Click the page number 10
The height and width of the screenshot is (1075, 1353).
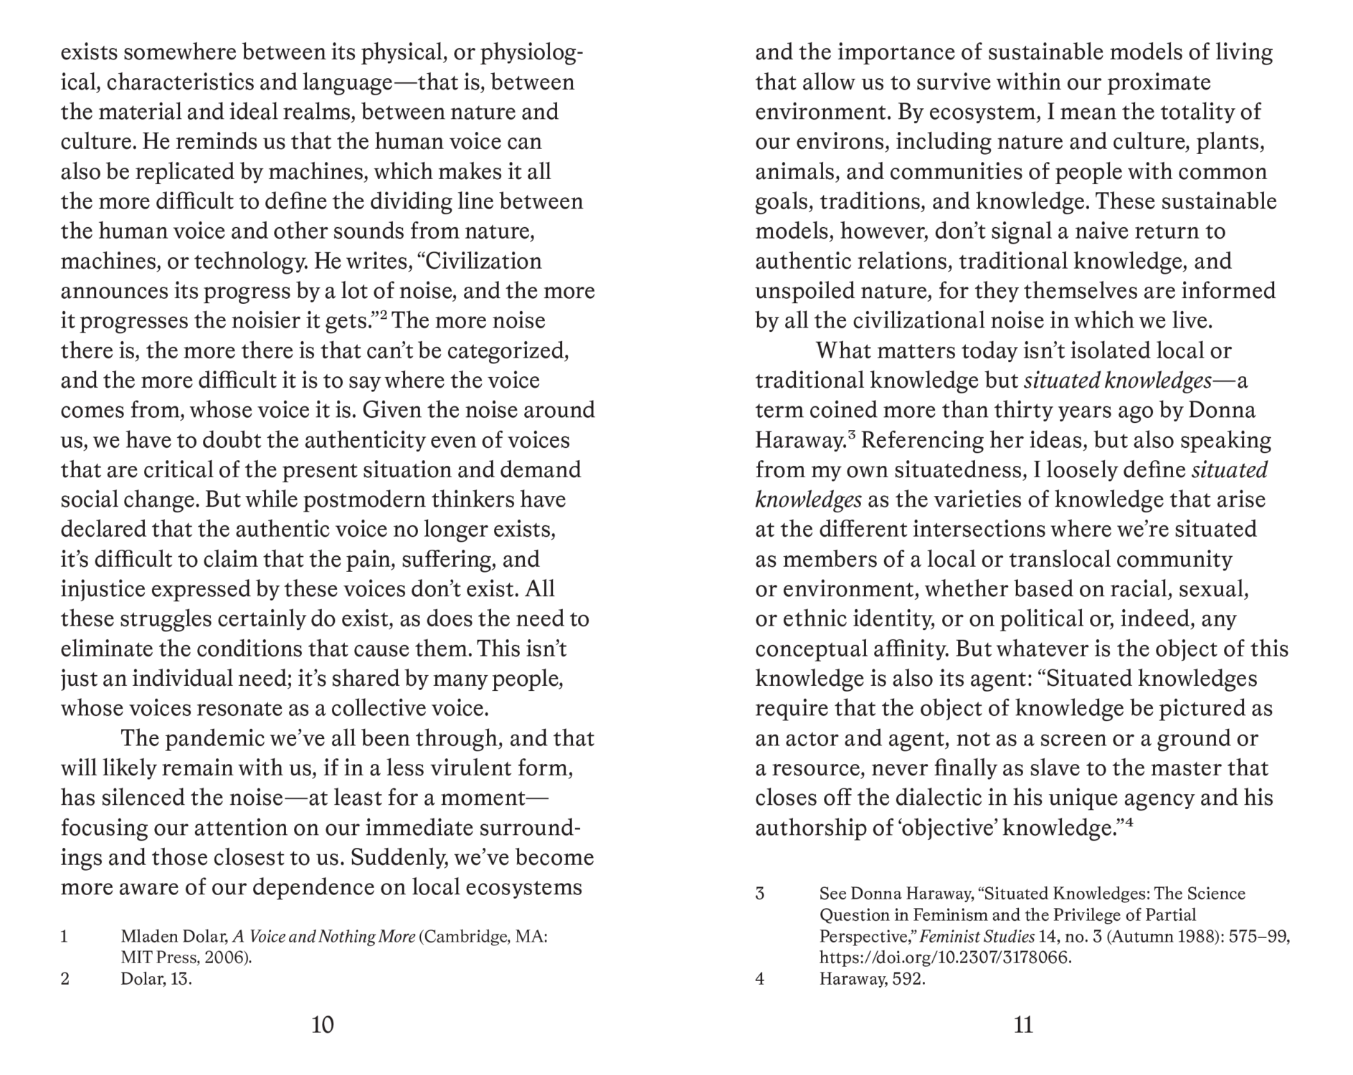click(323, 1026)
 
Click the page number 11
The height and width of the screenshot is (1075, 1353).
click(1023, 1026)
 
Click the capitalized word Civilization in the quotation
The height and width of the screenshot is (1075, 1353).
click(483, 261)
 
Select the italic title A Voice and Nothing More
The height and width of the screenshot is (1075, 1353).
click(324, 937)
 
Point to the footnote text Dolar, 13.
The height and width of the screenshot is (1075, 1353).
click(156, 979)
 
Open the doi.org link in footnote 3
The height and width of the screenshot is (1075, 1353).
click(945, 957)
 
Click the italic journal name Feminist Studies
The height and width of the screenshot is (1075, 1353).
click(977, 936)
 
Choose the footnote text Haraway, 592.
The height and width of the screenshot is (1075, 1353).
click(872, 979)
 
